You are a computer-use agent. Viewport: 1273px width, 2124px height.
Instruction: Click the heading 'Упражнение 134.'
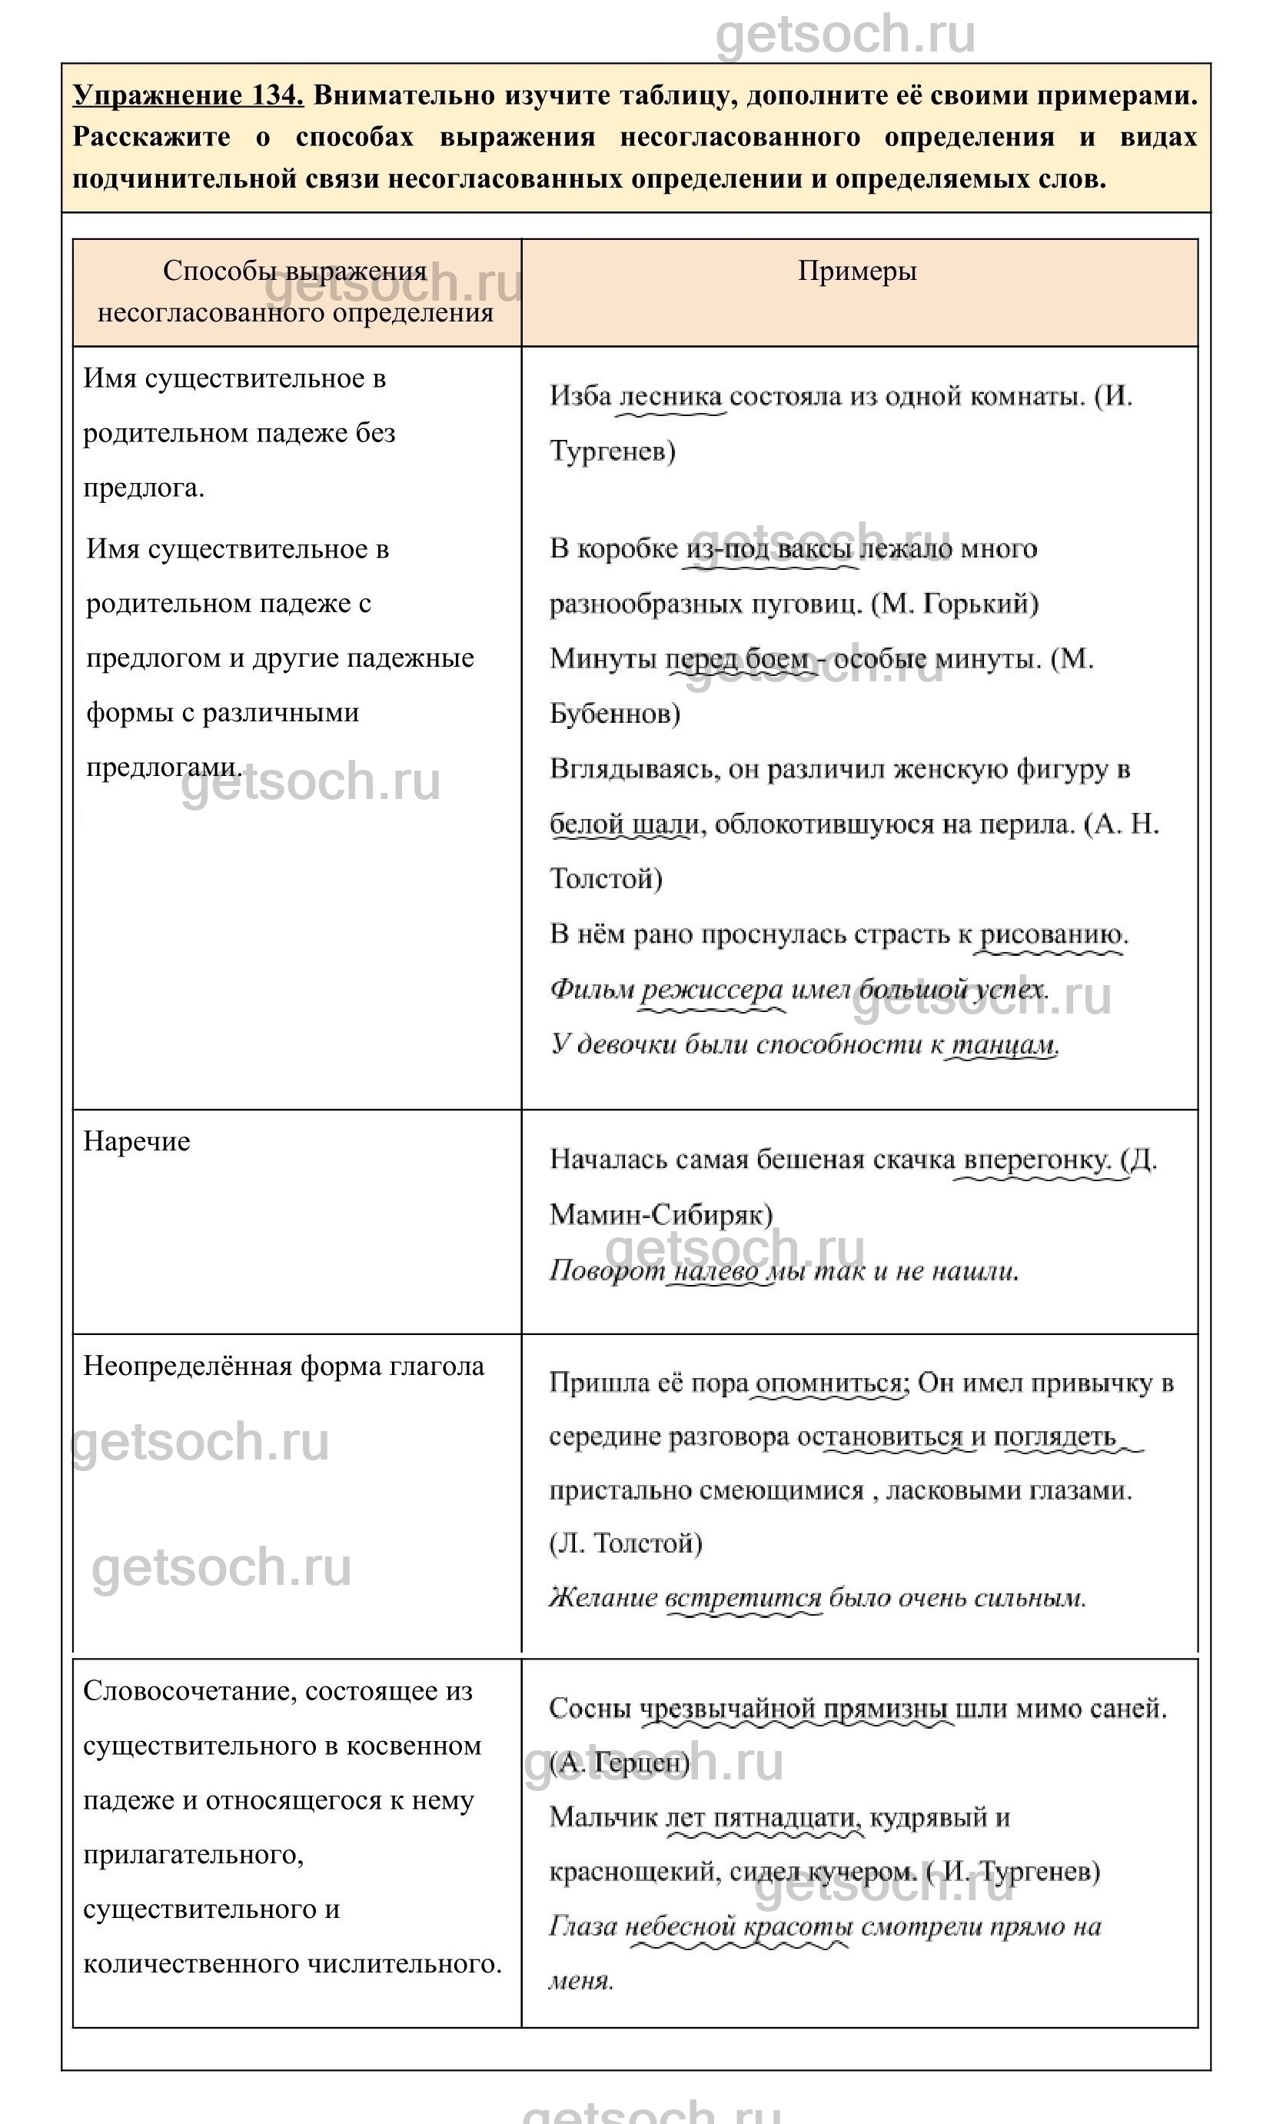pos(188,95)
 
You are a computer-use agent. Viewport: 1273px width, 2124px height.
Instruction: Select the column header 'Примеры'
pos(857,271)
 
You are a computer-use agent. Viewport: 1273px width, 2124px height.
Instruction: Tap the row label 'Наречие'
pos(136,1141)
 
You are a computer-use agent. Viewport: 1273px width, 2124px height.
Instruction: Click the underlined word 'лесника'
pos(671,397)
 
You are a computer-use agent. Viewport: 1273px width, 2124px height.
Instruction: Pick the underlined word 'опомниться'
pos(829,1383)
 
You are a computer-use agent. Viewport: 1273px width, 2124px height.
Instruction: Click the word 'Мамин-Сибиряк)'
pos(660,1215)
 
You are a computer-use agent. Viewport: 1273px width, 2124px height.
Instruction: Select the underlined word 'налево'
pos(716,1271)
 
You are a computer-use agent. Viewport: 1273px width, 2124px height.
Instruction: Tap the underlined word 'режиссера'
pos(712,990)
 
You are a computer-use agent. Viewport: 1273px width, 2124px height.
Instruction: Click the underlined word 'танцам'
pos(1002,1045)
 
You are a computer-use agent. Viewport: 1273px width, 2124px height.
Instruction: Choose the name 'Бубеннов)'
pos(614,714)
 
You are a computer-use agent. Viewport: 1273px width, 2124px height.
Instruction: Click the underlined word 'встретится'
pos(743,1599)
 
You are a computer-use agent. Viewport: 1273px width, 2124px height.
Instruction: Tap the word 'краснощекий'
pos(633,1873)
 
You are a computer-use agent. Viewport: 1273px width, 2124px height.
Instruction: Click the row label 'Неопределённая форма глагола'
pos(283,1367)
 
